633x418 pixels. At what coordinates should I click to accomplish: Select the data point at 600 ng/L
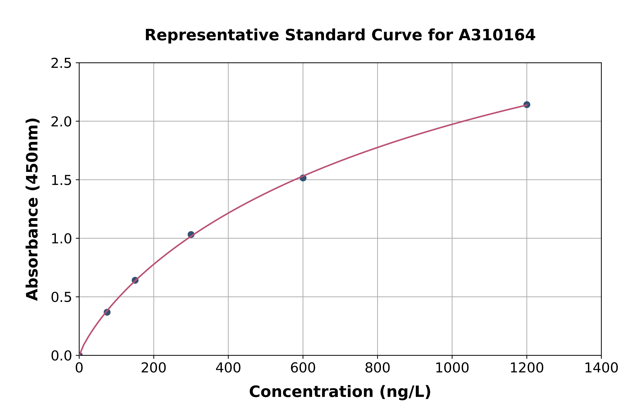(303, 178)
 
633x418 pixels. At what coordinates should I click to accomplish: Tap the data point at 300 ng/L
(191, 235)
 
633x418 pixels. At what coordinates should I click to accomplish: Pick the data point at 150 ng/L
(135, 280)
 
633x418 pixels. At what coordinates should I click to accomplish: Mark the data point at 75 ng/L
(107, 312)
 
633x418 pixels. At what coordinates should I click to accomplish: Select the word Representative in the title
(212, 35)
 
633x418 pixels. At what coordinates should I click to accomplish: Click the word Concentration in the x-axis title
(311, 392)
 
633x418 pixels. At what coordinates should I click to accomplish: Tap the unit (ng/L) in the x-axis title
(405, 392)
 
